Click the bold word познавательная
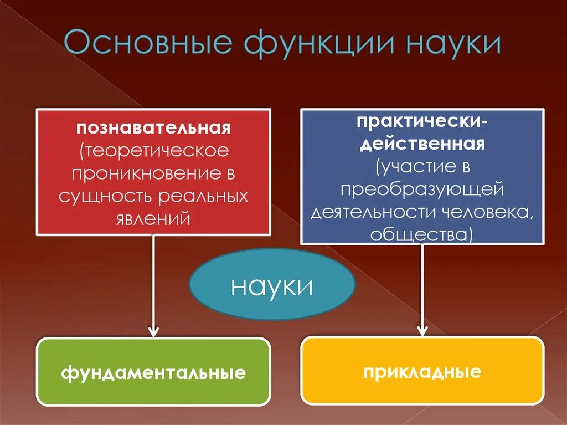click(x=153, y=129)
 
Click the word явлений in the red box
click(x=153, y=218)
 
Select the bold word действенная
click(x=422, y=144)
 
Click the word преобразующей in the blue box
click(x=422, y=190)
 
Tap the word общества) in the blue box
click(x=422, y=235)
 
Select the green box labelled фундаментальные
click(x=153, y=372)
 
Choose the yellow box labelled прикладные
click(x=422, y=370)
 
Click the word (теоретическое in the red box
click(x=153, y=151)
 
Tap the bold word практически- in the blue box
click(x=422, y=121)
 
